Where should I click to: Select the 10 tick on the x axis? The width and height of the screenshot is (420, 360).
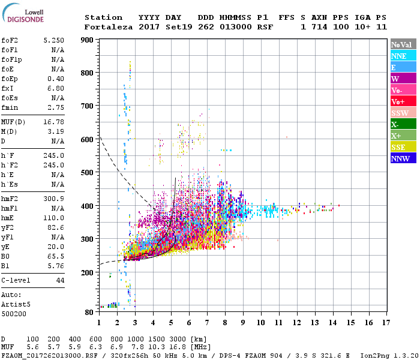pos(261,323)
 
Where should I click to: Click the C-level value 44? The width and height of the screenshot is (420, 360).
pos(60,280)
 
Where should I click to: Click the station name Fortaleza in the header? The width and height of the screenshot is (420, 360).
pos(106,27)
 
